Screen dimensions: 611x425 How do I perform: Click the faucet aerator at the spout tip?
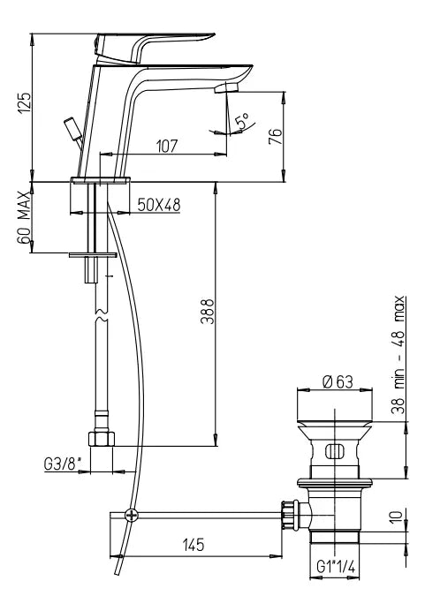point(228,87)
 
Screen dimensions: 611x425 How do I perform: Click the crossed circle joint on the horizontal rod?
point(132,514)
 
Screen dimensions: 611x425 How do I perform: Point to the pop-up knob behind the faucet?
point(72,127)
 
